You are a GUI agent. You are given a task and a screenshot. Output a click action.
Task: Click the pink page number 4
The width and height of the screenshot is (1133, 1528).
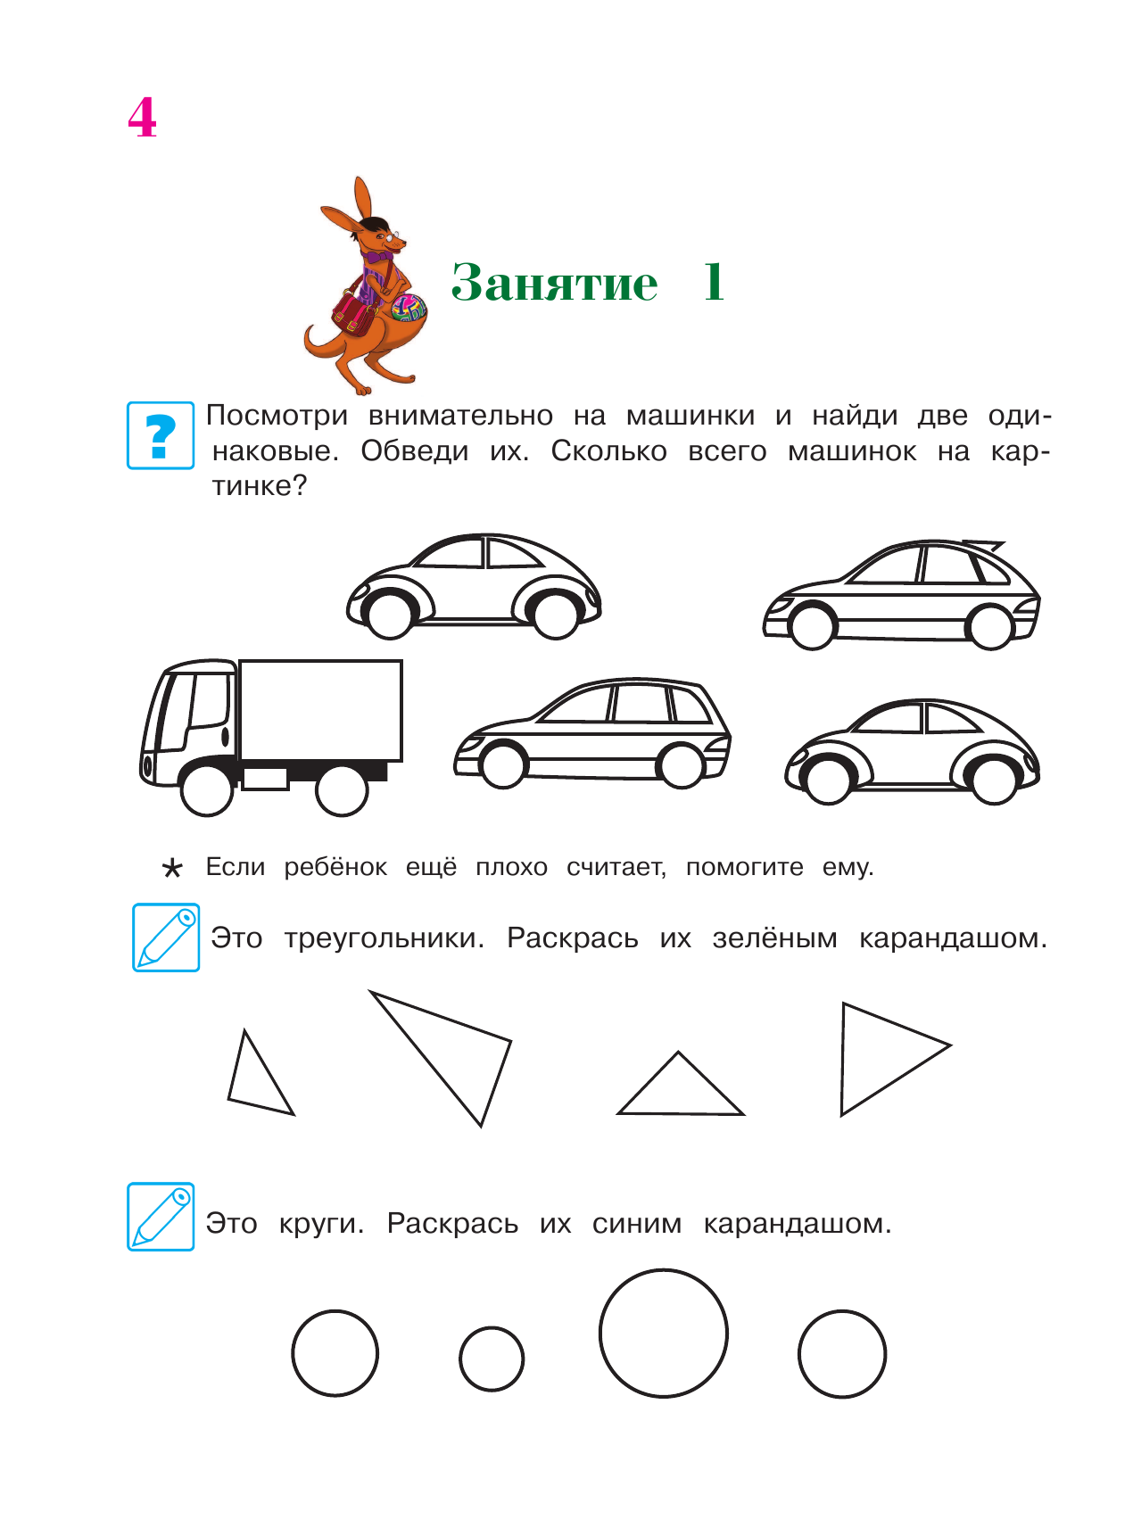(x=142, y=118)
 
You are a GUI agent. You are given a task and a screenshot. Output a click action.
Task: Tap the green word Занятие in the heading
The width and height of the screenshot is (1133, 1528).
(x=554, y=283)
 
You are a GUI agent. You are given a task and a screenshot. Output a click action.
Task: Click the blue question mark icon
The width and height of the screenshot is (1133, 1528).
(x=161, y=435)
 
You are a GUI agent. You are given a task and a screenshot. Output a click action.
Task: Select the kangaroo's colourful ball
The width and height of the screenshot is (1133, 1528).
(x=409, y=309)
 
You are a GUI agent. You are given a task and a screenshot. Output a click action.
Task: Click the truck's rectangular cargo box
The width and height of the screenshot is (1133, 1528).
(x=320, y=710)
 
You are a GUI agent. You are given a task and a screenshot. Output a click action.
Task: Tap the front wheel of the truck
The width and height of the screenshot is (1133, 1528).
(x=207, y=789)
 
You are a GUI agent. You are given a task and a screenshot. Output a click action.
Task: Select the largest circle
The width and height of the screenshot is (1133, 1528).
(x=663, y=1333)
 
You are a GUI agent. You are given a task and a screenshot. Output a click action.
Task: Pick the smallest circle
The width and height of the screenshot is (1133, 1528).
(x=492, y=1359)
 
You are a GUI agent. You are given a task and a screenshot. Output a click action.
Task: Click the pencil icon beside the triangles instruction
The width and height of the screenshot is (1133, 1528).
(x=166, y=937)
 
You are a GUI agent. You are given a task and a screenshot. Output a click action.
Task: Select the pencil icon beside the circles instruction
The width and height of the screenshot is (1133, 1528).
(x=161, y=1217)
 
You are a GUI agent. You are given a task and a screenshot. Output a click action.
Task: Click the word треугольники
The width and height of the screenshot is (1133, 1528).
(x=384, y=938)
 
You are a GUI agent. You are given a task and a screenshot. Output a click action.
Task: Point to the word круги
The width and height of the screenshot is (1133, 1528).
(x=321, y=1224)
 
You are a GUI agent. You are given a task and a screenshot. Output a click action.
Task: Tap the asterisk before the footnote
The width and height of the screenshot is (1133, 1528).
(x=172, y=868)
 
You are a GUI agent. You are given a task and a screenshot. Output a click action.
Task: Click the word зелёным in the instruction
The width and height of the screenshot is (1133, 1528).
(x=774, y=938)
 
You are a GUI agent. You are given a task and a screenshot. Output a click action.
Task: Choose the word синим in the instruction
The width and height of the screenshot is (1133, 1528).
(x=636, y=1224)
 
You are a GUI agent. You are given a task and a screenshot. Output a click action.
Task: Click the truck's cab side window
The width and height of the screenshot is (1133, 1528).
(x=208, y=699)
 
